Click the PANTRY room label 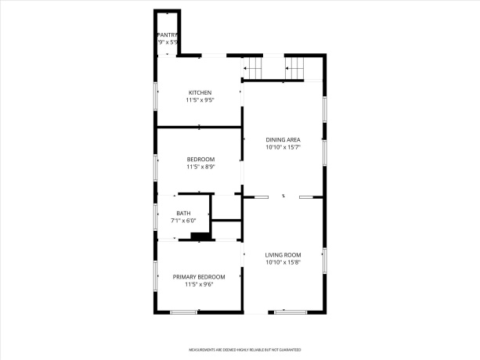pyautogui.click(x=168, y=34)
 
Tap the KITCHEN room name pyautogui.click(x=200, y=92)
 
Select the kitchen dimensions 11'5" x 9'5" pyautogui.click(x=200, y=100)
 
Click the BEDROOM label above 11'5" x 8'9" pyautogui.click(x=200, y=159)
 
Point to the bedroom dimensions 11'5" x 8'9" pyautogui.click(x=200, y=167)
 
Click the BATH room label pyautogui.click(x=183, y=213)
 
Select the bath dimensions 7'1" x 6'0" pyautogui.click(x=183, y=221)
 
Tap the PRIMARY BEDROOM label pyautogui.click(x=199, y=277)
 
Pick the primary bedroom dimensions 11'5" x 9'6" pyautogui.click(x=199, y=285)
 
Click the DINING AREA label pyautogui.click(x=283, y=139)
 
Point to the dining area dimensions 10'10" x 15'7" pyautogui.click(x=283, y=147)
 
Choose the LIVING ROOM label pyautogui.click(x=283, y=254)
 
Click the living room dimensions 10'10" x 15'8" pyautogui.click(x=283, y=262)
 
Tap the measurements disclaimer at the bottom pyautogui.click(x=244, y=350)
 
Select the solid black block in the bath pyautogui.click(x=200, y=236)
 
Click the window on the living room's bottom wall pyautogui.click(x=290, y=312)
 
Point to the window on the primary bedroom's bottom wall pyautogui.click(x=184, y=312)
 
